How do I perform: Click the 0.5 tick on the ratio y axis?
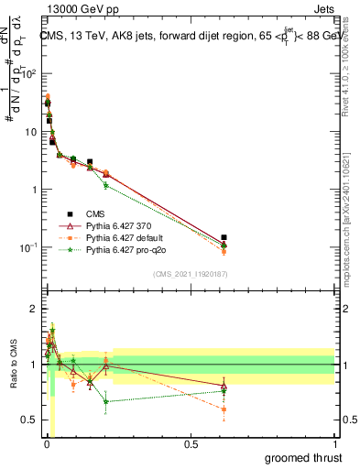click(30, 420)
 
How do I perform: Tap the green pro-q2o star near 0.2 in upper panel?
click(106, 186)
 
